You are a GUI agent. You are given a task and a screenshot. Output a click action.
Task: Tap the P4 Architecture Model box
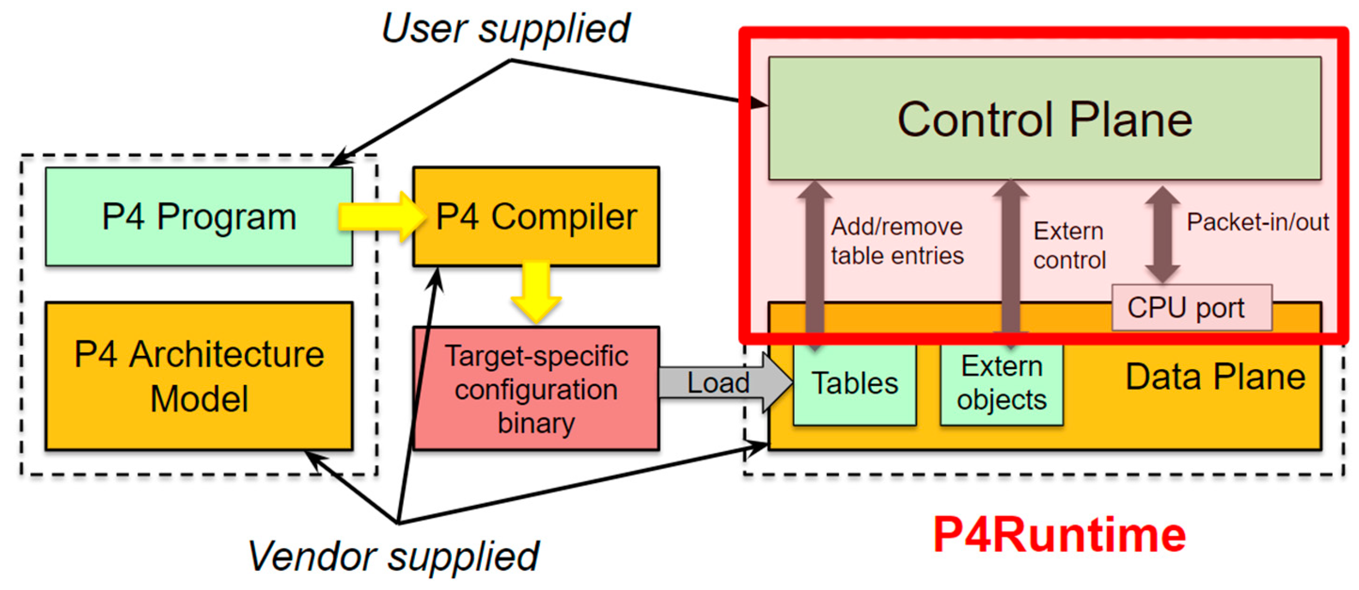point(199,376)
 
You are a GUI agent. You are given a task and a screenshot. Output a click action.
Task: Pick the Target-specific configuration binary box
point(536,388)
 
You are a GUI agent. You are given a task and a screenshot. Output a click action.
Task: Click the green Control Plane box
point(1044,118)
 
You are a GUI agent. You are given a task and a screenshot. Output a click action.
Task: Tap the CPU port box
point(1191,307)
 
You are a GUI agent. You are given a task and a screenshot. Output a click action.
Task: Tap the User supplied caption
point(505,29)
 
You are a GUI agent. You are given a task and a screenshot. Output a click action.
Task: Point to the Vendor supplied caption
point(393,556)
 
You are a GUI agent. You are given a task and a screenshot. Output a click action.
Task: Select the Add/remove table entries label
point(897,241)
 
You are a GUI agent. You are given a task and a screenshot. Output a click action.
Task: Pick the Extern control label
point(1069,245)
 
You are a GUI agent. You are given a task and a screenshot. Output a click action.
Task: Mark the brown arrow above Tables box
point(815,259)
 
